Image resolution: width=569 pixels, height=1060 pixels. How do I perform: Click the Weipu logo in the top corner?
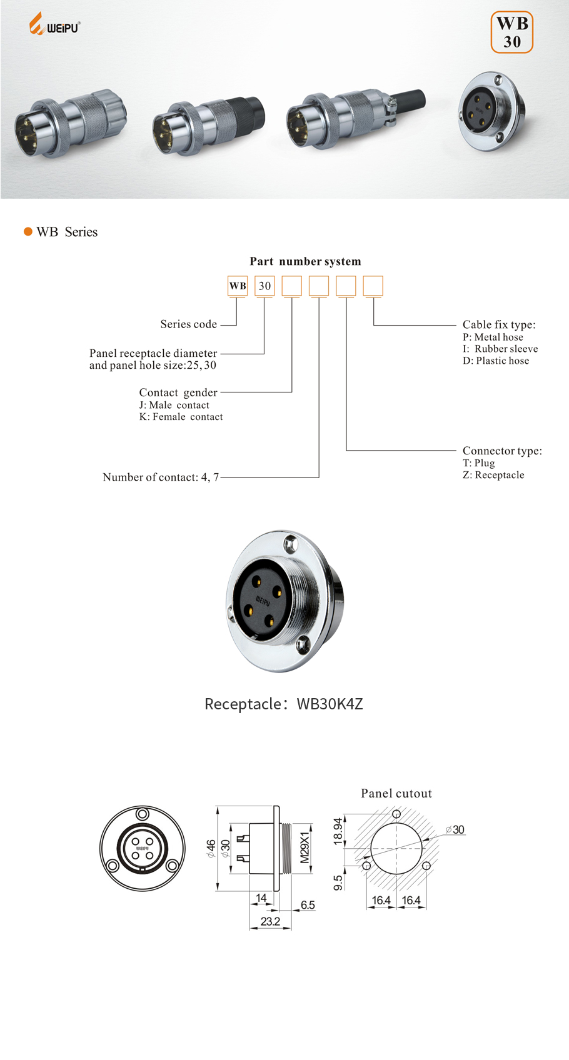tap(54, 25)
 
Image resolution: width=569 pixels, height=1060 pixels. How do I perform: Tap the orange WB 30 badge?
tap(511, 32)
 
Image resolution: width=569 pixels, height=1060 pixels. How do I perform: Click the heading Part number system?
tap(305, 261)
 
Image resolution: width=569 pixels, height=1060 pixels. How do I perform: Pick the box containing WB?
tap(238, 286)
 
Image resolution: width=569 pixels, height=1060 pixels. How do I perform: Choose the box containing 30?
tap(264, 286)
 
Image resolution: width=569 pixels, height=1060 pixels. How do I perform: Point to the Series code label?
tap(188, 324)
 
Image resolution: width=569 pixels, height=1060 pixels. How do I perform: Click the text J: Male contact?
tap(174, 405)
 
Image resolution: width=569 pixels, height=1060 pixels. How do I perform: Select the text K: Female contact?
tap(181, 417)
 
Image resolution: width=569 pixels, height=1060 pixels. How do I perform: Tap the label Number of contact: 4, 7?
tap(161, 477)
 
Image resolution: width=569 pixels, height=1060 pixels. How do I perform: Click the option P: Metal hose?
tap(493, 337)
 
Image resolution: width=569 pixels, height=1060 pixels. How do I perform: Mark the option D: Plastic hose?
tap(496, 361)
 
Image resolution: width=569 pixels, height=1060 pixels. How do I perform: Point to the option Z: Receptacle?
tap(493, 475)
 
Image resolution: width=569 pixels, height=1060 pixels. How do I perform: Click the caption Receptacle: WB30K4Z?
tap(284, 704)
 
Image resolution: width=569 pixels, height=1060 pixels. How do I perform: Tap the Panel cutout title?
tap(396, 793)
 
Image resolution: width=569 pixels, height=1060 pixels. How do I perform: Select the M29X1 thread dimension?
tap(305, 847)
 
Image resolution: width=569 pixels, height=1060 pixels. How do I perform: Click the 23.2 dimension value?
tap(270, 921)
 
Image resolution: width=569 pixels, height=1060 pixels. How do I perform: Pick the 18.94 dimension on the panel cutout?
tap(338, 831)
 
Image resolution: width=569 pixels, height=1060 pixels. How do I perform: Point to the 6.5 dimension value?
tap(308, 905)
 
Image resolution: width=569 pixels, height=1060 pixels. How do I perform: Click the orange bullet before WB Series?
tap(28, 232)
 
